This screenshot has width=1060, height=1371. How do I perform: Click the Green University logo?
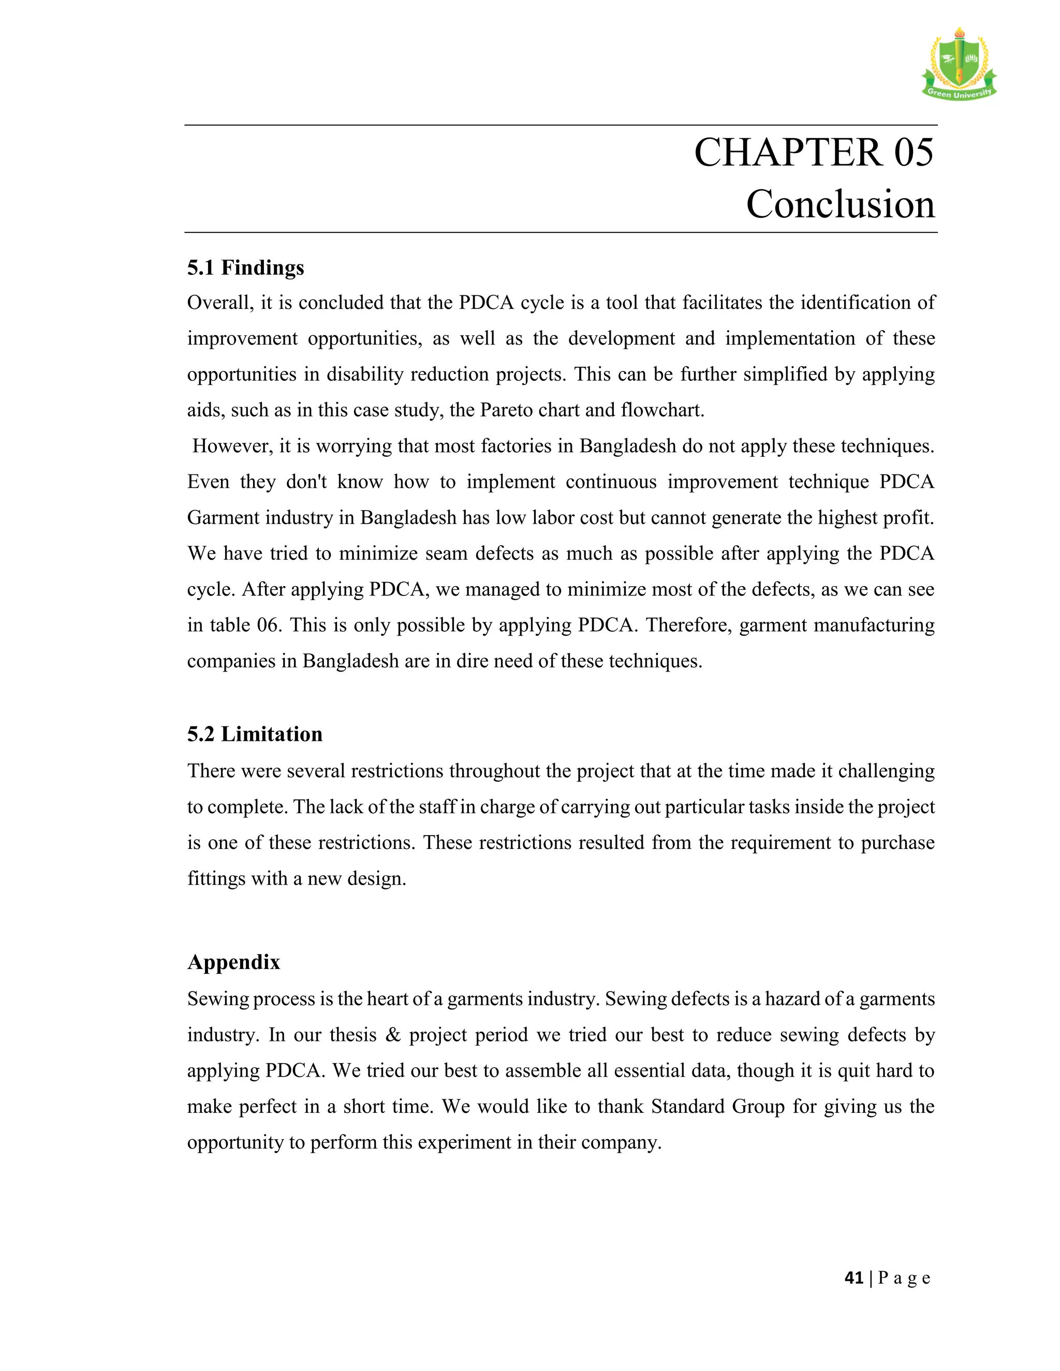[958, 65]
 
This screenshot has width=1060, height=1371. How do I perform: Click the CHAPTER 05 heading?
[813, 153]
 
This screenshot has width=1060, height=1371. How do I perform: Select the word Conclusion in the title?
[840, 205]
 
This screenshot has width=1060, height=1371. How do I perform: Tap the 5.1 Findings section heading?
[245, 268]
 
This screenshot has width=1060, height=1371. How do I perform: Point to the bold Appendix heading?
[233, 962]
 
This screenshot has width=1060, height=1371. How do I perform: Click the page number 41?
[853, 1278]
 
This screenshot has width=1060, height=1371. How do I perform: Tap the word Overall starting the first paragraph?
[220, 303]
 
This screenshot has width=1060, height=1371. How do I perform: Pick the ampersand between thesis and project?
[393, 1035]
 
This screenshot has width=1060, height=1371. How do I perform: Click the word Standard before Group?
[687, 1107]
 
